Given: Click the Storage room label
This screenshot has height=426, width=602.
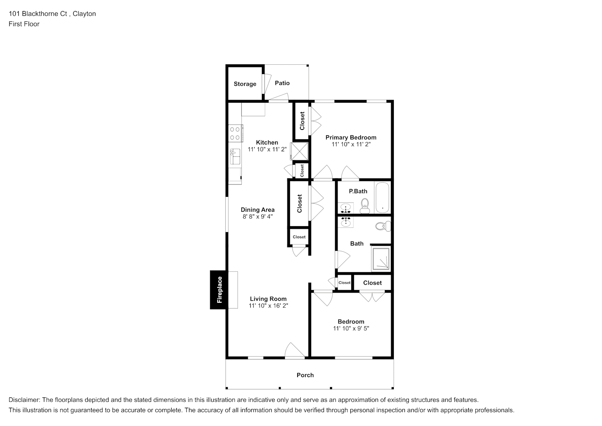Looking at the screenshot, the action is pos(245,84).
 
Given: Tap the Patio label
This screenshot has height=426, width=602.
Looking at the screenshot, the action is pos(282,83).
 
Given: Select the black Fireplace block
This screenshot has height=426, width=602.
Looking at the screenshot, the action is pos(218,290).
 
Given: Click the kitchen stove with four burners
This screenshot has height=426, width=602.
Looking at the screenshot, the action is pos(235,133).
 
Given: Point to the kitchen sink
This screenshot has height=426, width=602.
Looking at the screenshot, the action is pos(235,156).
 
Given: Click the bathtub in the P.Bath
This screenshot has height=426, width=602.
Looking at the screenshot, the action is pos(382,197).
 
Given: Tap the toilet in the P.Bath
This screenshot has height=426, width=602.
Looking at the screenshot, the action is pos(365,206).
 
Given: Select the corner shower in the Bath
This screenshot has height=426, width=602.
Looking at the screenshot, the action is pos(381,259).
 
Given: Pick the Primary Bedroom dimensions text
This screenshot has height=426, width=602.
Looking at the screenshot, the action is pos(351,144).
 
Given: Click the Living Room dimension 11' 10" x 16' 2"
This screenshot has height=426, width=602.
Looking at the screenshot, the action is pos(268,305).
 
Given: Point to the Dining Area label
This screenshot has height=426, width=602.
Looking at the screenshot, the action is pos(258,210).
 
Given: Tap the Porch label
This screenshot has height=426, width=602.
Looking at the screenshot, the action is pos(305,375).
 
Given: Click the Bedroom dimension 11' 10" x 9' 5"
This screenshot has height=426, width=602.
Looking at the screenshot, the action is pos(351,328).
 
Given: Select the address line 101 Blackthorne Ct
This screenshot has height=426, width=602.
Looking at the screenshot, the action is pos(38,14).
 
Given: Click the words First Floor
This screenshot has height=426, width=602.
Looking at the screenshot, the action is pos(24,24).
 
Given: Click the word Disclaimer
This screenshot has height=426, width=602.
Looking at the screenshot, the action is pos(24,400).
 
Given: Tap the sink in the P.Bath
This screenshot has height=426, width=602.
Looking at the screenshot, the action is pos(346,208).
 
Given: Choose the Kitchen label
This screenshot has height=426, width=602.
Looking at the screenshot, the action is pos(267,143).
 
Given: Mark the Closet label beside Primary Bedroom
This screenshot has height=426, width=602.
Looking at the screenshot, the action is pos(302,121).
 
